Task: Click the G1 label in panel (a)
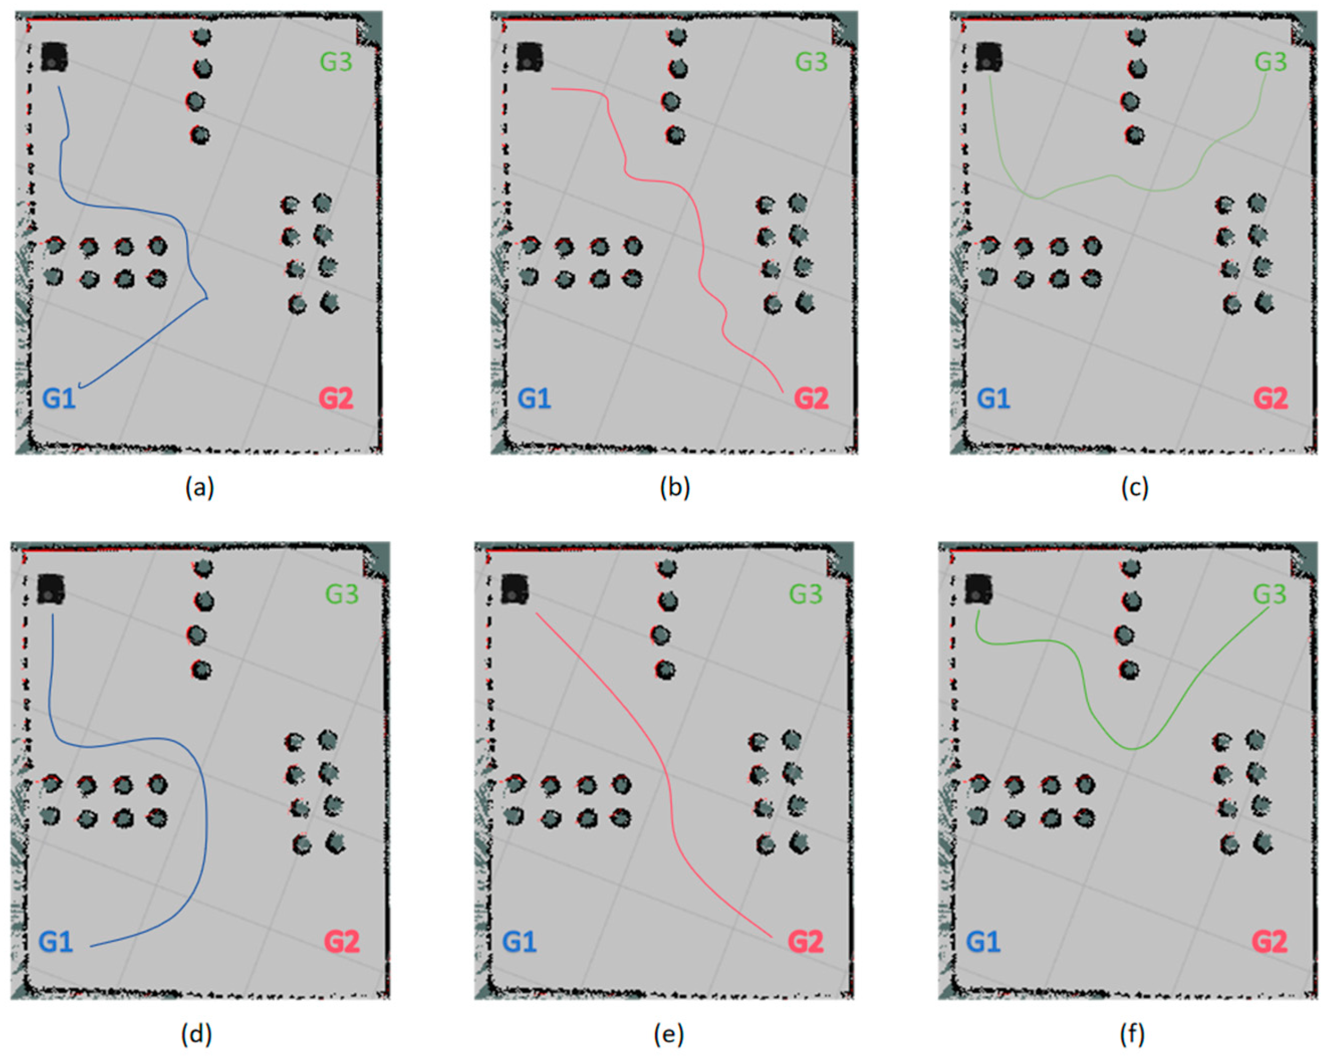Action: tap(59, 399)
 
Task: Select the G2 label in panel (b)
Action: tap(810, 399)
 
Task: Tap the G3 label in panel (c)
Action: tap(1270, 62)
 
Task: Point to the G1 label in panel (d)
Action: tap(55, 942)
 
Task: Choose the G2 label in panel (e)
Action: tap(806, 942)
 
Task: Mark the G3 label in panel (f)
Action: tap(1269, 594)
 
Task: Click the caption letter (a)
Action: tap(200, 488)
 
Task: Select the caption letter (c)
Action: tap(1134, 488)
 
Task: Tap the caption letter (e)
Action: tap(669, 1035)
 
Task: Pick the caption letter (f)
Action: tap(1132, 1035)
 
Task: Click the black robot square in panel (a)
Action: tap(54, 57)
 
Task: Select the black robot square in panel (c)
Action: tap(989, 57)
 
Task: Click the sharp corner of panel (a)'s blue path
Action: tap(207, 298)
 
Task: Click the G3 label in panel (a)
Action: tap(336, 62)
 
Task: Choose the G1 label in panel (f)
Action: tap(983, 942)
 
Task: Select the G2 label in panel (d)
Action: tap(341, 942)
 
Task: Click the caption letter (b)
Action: tap(675, 488)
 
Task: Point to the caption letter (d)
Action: tap(196, 1035)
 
